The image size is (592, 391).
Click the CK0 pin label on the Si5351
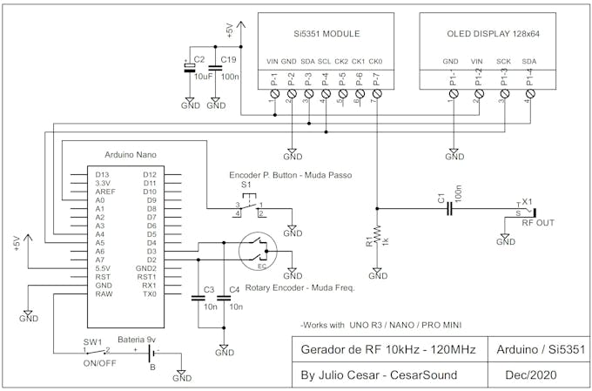[376, 61]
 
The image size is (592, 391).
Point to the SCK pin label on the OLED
[503, 61]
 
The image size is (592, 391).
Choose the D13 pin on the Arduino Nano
[102, 175]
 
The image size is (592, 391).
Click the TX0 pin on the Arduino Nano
[149, 293]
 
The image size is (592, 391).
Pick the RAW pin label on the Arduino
[104, 293]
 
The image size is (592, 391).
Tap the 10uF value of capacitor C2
[203, 77]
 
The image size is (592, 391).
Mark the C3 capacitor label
[208, 289]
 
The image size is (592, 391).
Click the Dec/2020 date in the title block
[530, 375]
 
